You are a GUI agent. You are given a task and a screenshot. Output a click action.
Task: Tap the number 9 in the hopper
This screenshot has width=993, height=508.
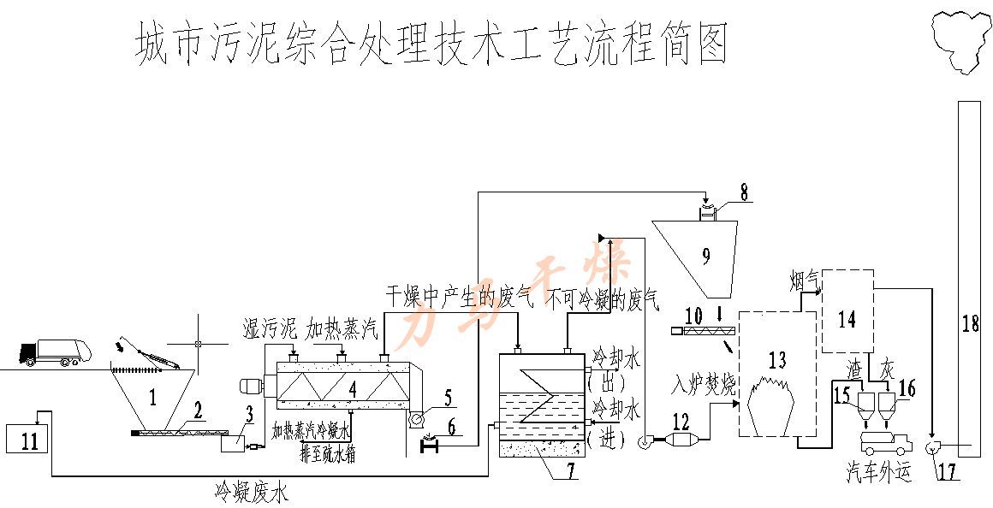click(705, 255)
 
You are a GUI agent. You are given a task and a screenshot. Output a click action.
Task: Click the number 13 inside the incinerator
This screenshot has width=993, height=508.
click(776, 360)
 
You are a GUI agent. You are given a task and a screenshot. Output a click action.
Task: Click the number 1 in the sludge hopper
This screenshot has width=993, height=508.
click(152, 395)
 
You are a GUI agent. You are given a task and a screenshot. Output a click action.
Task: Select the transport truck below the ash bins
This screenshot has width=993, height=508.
click(885, 441)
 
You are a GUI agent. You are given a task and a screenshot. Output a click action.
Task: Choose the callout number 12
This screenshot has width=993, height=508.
click(681, 420)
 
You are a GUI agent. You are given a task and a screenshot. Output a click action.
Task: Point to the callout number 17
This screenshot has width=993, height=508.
click(947, 469)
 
